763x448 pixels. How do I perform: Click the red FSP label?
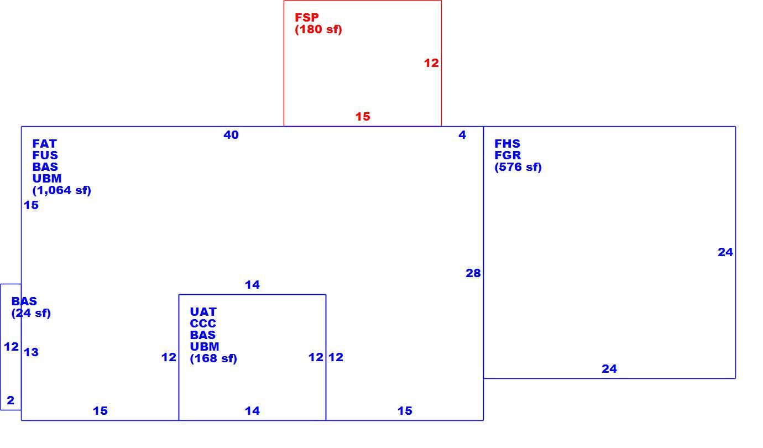306,17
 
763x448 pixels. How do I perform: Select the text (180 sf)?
318,29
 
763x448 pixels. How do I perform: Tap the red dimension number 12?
431,63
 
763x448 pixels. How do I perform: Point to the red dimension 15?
363,117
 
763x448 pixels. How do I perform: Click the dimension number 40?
231,135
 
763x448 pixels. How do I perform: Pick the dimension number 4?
462,135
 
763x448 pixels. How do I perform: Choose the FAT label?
44,144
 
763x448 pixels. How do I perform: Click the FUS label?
45,155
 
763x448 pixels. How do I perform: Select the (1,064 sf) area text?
62,190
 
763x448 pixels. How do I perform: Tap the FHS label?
507,144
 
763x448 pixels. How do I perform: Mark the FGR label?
508,155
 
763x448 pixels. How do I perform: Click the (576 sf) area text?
518,167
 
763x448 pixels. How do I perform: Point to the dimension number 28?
473,273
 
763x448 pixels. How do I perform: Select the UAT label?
203,312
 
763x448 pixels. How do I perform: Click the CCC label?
203,324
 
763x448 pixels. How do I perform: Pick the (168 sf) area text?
213,359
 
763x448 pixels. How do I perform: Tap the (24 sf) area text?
31,313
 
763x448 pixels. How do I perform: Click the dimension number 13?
31,352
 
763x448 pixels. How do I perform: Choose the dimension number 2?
11,400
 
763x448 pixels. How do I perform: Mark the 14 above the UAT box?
252,285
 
